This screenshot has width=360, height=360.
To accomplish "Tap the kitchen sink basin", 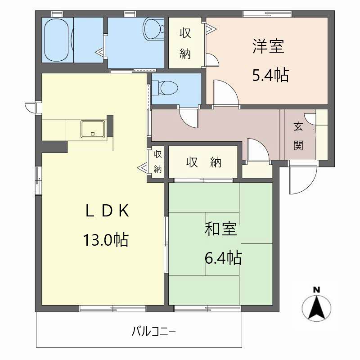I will (93, 129).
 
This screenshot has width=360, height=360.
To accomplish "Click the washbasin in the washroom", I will (151, 29).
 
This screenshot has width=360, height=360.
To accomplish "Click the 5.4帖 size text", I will (270, 75).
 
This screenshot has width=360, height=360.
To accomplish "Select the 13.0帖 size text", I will (105, 239).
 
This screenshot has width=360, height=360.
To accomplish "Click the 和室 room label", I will (220, 229).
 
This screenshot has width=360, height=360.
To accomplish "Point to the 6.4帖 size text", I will (223, 258).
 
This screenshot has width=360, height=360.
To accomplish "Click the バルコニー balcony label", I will (153, 333).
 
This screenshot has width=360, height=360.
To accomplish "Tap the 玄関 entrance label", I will (298, 136).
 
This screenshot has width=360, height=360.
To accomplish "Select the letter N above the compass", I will (317, 289).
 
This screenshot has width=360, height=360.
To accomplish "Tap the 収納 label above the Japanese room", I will (203, 163).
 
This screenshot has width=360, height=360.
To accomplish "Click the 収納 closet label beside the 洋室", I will (185, 43).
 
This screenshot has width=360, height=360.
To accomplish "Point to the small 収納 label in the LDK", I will (157, 162).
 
